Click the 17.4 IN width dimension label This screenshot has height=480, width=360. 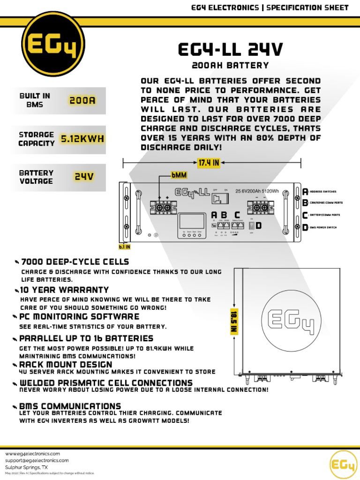click(x=208, y=163)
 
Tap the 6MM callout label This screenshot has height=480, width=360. click(x=179, y=175)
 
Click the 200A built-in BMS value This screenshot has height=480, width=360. click(x=82, y=100)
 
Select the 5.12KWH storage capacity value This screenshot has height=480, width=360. click(x=82, y=139)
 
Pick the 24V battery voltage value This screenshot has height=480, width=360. click(x=84, y=177)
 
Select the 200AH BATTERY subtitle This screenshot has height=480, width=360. click(x=230, y=65)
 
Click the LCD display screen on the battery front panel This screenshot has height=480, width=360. click(x=190, y=221)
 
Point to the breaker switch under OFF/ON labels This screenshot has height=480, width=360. click(x=217, y=199)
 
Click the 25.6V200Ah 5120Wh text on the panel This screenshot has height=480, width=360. click(x=257, y=191)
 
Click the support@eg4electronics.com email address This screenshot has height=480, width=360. click(x=37, y=461)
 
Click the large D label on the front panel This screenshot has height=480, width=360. click(x=258, y=226)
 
